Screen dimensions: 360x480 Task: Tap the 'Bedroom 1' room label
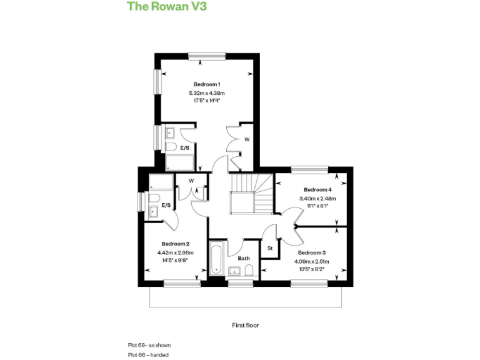tap(206, 84)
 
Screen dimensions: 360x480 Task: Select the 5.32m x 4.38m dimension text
tap(206, 93)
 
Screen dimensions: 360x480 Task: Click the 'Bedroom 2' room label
tap(175, 244)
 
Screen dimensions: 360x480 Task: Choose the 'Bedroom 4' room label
tap(317, 189)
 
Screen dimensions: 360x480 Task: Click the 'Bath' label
tap(244, 257)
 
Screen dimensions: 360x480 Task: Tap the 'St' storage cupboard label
tap(270, 248)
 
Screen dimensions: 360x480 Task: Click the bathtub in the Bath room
tap(216, 257)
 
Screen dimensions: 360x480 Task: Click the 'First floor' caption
tap(245, 325)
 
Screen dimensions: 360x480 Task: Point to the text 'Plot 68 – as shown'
tap(149, 345)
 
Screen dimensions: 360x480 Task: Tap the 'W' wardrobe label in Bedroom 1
tap(246, 139)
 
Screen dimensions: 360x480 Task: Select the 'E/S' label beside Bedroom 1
tap(185, 148)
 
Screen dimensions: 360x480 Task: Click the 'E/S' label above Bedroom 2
tap(166, 205)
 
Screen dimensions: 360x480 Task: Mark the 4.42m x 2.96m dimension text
tap(175, 252)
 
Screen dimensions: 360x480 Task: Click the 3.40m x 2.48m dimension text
tap(317, 198)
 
